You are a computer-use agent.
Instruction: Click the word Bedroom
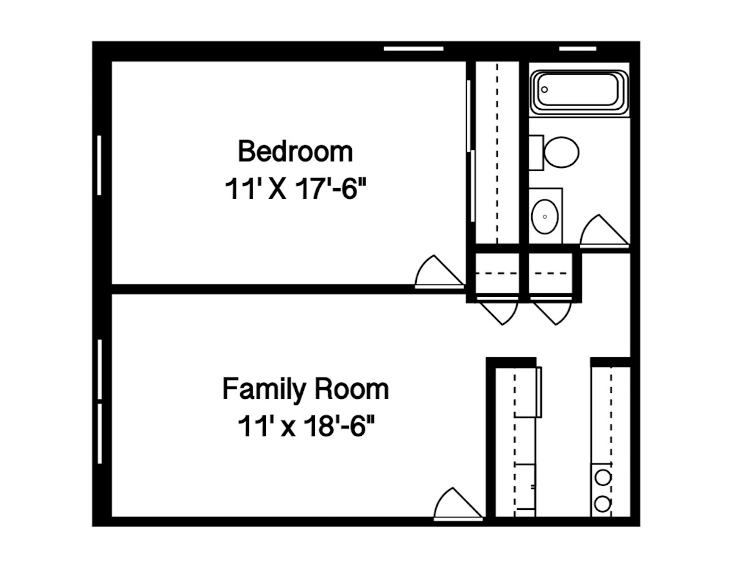[x=295, y=151]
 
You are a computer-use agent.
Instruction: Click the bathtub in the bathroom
[x=579, y=91]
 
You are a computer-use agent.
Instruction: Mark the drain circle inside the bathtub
[x=544, y=90]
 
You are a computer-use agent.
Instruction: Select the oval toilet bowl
[x=562, y=152]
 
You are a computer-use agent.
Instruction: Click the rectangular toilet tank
[x=535, y=153]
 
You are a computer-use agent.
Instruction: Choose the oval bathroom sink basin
[x=545, y=217]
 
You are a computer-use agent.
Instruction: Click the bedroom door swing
[x=437, y=273]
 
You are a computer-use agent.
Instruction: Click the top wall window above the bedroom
[x=414, y=49]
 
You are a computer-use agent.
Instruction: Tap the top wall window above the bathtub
[x=578, y=49]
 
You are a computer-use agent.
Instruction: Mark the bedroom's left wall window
[x=100, y=165]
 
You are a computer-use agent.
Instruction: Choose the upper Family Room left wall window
[x=100, y=369]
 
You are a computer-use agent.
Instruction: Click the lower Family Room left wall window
[x=100, y=434]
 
